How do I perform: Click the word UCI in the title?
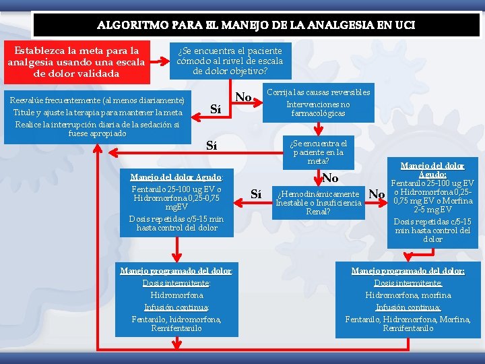(401, 26)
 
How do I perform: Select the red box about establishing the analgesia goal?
(76, 61)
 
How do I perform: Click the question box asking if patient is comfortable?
(230, 61)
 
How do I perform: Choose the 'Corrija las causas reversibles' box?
(318, 103)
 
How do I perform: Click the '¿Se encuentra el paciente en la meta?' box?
(318, 152)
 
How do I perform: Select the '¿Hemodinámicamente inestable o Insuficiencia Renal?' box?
(319, 203)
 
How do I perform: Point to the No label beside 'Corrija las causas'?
(243, 98)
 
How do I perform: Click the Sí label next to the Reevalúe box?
(216, 109)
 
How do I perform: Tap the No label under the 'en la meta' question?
(330, 179)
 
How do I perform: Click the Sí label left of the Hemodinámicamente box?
(256, 194)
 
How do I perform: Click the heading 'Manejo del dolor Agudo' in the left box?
(177, 177)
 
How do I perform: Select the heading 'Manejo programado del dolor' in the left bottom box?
(176, 271)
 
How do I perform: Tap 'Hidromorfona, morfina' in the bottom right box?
(408, 295)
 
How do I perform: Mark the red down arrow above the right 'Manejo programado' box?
(408, 255)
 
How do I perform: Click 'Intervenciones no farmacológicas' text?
(318, 109)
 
